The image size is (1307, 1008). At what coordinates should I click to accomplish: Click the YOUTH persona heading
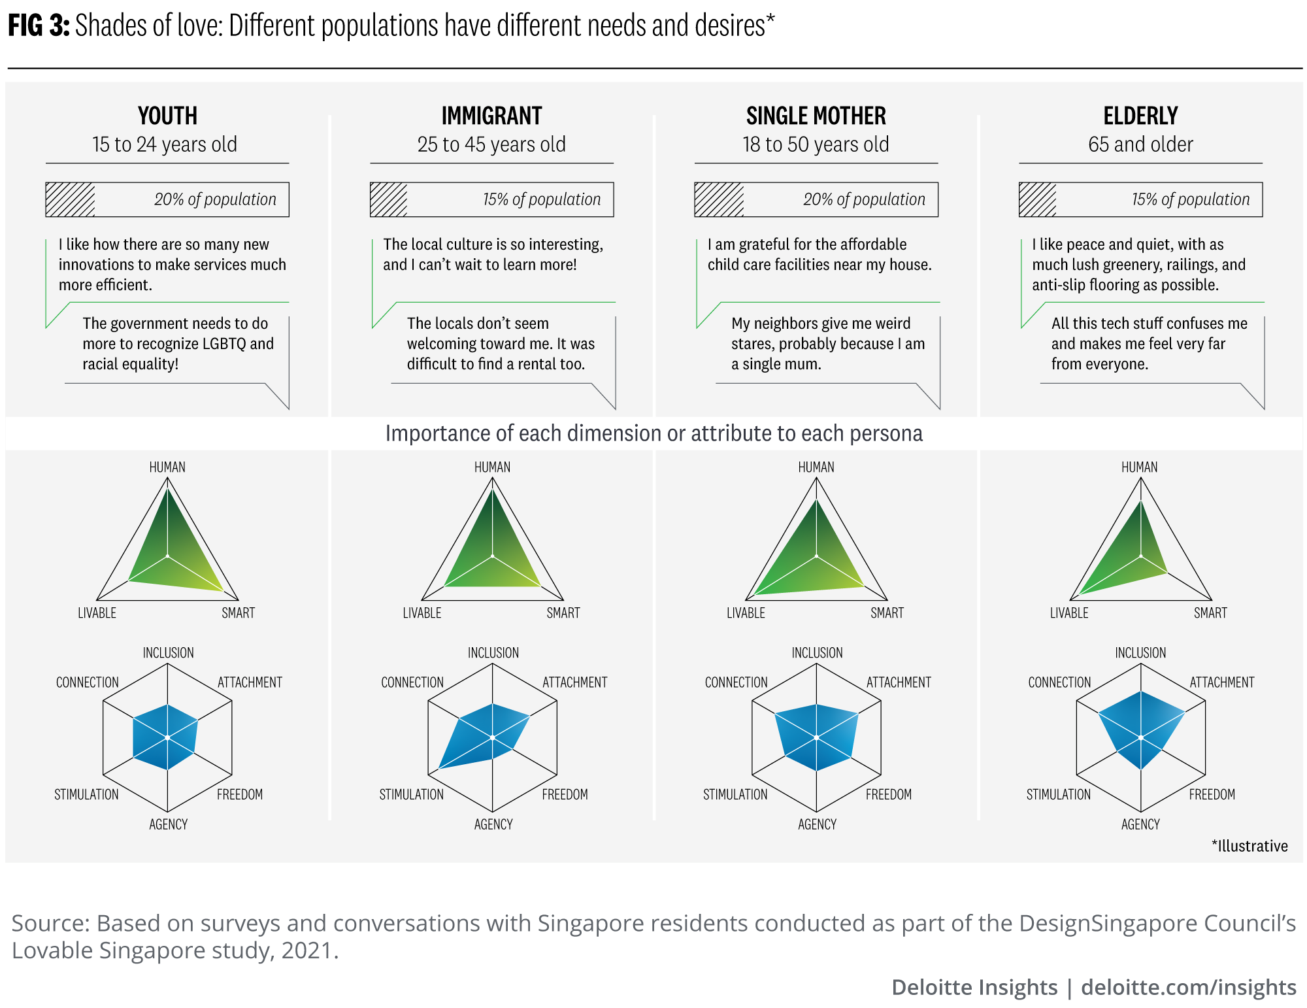[x=167, y=116]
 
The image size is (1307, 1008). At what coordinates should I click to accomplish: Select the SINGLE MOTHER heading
[x=816, y=116]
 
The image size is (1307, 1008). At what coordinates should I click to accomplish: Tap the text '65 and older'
[x=1140, y=144]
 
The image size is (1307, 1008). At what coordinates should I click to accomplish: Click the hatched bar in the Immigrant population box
[x=389, y=199]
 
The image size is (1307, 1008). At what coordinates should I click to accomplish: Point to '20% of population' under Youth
[x=215, y=199]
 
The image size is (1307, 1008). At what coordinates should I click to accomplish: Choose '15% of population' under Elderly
[x=1190, y=199]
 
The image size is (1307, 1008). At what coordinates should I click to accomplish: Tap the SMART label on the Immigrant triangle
[x=563, y=613]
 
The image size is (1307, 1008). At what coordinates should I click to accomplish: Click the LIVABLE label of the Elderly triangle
[x=1069, y=613]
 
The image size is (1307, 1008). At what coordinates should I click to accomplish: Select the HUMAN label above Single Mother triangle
[x=816, y=467]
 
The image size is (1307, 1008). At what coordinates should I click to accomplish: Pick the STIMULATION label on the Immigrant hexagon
[x=411, y=794]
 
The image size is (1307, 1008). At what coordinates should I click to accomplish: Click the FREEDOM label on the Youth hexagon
[x=240, y=794]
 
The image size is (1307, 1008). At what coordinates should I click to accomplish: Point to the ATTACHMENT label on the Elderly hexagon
[x=1221, y=682]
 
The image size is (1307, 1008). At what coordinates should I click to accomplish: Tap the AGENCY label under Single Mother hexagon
[x=817, y=824]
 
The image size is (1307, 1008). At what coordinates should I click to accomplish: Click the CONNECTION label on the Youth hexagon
[x=87, y=682]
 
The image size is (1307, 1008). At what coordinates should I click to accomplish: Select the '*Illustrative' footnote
[x=1249, y=846]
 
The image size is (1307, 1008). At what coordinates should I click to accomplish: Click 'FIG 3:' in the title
[x=38, y=26]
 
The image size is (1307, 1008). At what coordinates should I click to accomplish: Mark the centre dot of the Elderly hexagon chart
[x=1140, y=738]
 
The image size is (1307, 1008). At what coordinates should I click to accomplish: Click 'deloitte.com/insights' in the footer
[x=1188, y=987]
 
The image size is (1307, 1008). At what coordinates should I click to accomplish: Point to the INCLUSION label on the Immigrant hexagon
[x=493, y=653]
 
